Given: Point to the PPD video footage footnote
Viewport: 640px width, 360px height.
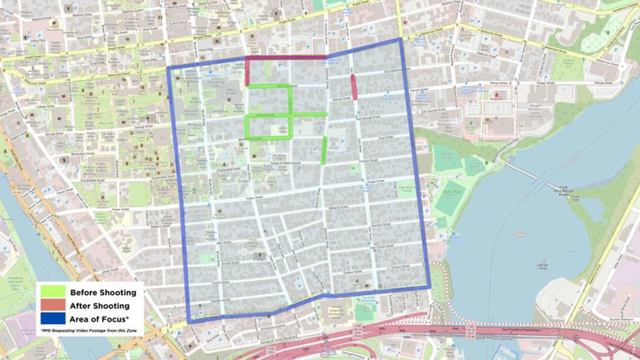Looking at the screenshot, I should tap(88, 331).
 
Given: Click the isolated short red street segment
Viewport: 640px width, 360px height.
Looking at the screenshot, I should tap(354, 87).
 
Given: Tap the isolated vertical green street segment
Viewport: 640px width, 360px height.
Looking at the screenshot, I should tap(324, 150).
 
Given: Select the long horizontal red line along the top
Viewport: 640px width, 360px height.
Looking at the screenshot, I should tap(287, 58).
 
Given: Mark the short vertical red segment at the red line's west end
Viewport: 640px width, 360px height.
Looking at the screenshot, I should tap(247, 71).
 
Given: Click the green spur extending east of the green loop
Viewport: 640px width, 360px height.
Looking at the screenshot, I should tap(308, 113).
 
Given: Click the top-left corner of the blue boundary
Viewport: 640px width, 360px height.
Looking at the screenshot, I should tap(169, 67).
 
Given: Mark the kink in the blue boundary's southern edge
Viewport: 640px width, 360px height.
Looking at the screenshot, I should tap(323, 295).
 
